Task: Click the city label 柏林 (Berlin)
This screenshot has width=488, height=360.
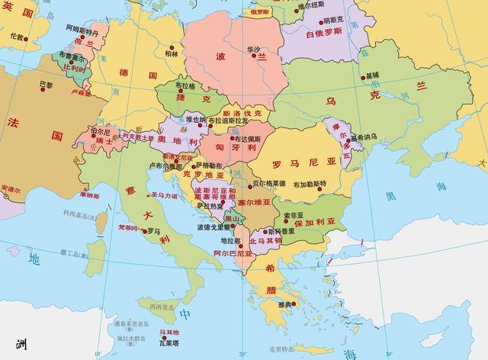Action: point(171,54)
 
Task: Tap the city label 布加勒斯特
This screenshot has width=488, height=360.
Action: point(310,184)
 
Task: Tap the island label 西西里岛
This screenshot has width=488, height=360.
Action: point(162,306)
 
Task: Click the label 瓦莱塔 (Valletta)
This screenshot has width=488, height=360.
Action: point(169,342)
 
